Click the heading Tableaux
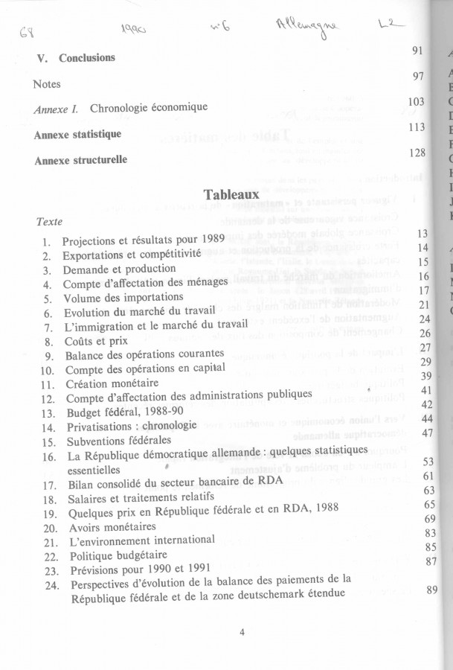pos(230,194)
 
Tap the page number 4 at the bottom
pos(242,633)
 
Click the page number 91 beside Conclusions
pos(417,51)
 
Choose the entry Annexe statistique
pos(77,135)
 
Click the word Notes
pos(47,84)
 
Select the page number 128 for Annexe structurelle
pos(417,153)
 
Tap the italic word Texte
pos(49,222)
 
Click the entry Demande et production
pos(109,269)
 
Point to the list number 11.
pos(48,384)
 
